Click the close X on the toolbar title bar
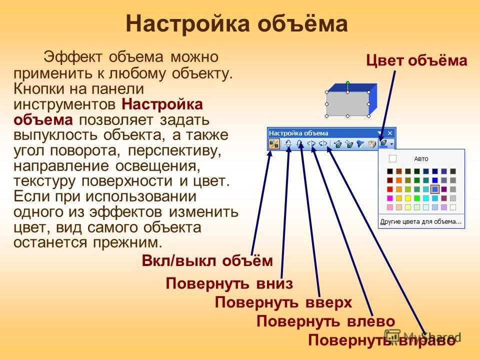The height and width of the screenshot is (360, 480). point(389,133)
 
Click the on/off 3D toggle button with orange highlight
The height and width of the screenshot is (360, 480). point(274,144)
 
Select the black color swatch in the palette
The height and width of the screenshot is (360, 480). point(389,171)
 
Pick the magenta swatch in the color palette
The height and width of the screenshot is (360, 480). point(389,198)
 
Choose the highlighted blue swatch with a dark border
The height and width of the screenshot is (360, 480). point(434,189)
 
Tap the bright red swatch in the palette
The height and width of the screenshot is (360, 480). point(389,189)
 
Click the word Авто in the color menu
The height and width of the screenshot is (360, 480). point(421,159)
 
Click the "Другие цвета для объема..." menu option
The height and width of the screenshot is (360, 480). point(420,221)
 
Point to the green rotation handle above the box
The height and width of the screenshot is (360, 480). point(348,82)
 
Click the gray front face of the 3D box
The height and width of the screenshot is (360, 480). point(348,104)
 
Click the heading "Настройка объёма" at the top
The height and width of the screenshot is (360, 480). point(236,24)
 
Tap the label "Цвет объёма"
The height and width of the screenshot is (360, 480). point(416,60)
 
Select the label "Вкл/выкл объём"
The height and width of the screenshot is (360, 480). point(207,261)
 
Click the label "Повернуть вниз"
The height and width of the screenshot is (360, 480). point(229,283)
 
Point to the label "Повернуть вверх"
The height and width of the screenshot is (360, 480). point(283,302)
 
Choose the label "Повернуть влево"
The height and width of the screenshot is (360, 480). point(325,321)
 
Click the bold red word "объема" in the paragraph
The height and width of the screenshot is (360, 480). point(43,120)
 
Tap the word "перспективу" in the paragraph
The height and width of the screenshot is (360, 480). point(174,151)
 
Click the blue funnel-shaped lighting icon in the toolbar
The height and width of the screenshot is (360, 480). point(360,144)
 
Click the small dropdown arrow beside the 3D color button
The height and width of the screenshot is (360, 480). point(391,144)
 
